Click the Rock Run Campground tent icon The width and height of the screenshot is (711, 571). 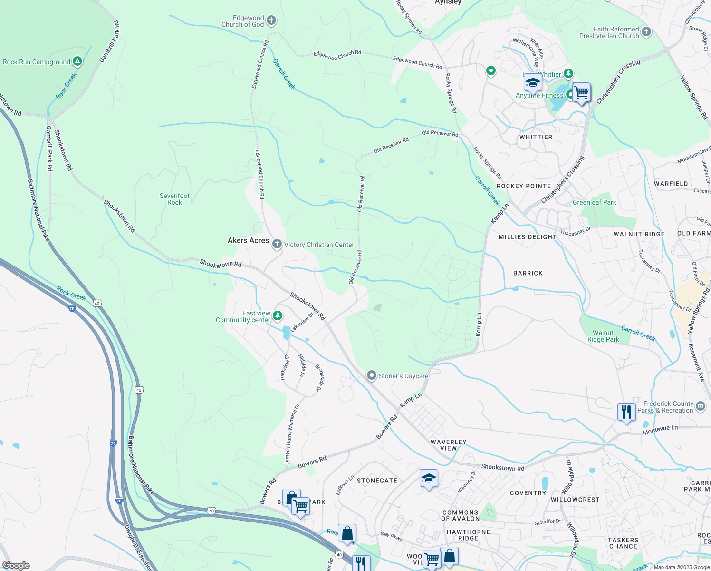coord(77,61)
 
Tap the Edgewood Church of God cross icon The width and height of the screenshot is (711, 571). coord(271,20)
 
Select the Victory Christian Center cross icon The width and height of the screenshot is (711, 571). coord(277,245)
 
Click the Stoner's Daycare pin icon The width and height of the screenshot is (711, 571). coord(372,376)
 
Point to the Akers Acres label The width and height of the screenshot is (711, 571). coord(248,241)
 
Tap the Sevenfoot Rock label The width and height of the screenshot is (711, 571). coord(174,199)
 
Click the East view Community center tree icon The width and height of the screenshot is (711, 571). coord(278,315)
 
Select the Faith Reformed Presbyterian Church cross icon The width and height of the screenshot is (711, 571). coord(646,32)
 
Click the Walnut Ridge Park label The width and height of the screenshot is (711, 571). coord(603,336)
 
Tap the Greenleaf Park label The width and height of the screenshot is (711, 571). coord(594,202)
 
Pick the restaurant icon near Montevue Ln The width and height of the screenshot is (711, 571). coord(626,412)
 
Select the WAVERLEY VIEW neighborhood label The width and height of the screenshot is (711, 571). coord(448,445)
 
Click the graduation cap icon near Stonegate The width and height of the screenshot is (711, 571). coord(429,479)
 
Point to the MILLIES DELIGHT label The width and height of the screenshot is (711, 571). coord(527,237)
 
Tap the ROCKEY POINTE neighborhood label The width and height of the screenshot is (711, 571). coord(524,186)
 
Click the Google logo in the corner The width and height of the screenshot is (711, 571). coord(16,565)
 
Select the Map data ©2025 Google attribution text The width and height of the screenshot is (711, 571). coord(681,567)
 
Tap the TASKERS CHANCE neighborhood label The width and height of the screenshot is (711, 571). coord(623,543)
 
